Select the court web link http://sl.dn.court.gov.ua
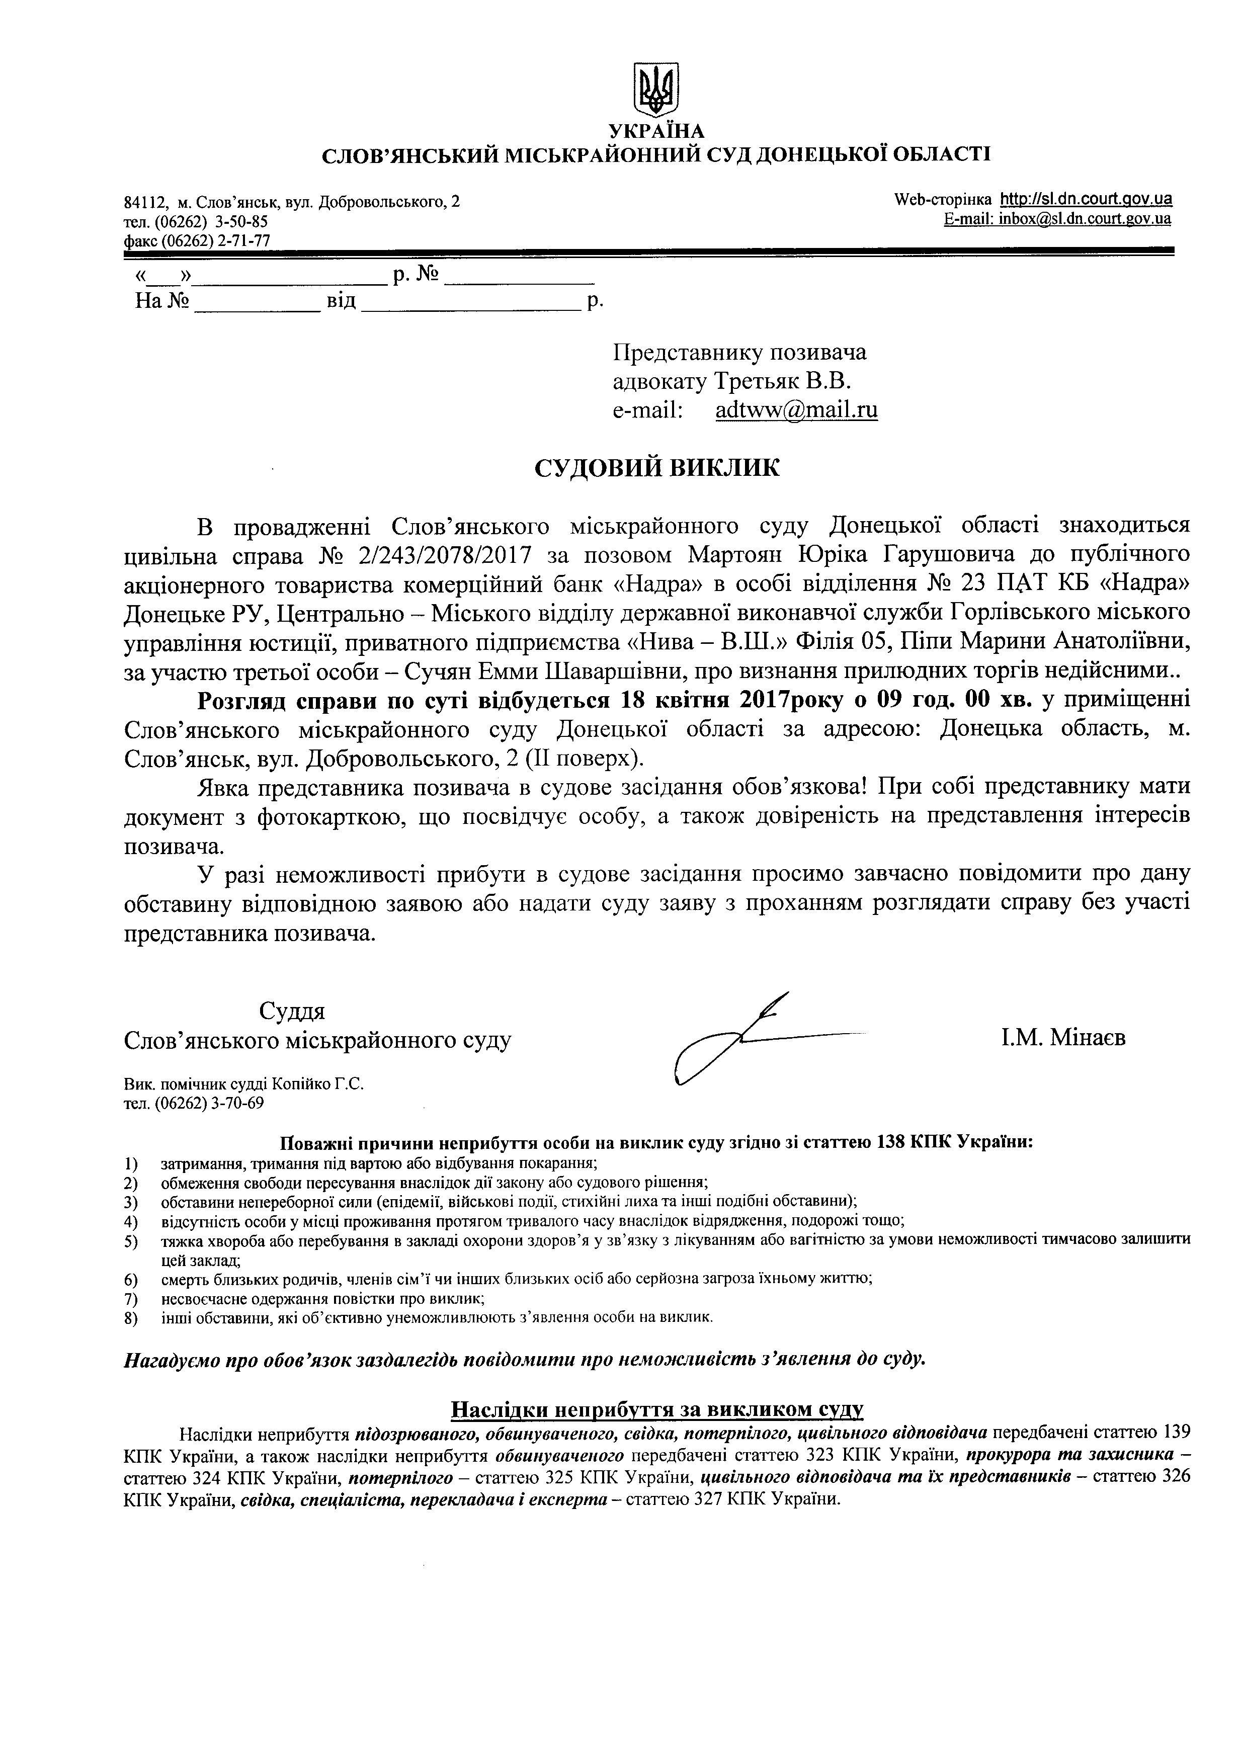(x=1087, y=199)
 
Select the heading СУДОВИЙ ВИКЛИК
(x=656, y=468)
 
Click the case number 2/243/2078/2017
(x=436, y=554)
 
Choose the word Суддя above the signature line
(x=292, y=1011)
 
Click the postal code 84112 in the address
(x=146, y=203)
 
